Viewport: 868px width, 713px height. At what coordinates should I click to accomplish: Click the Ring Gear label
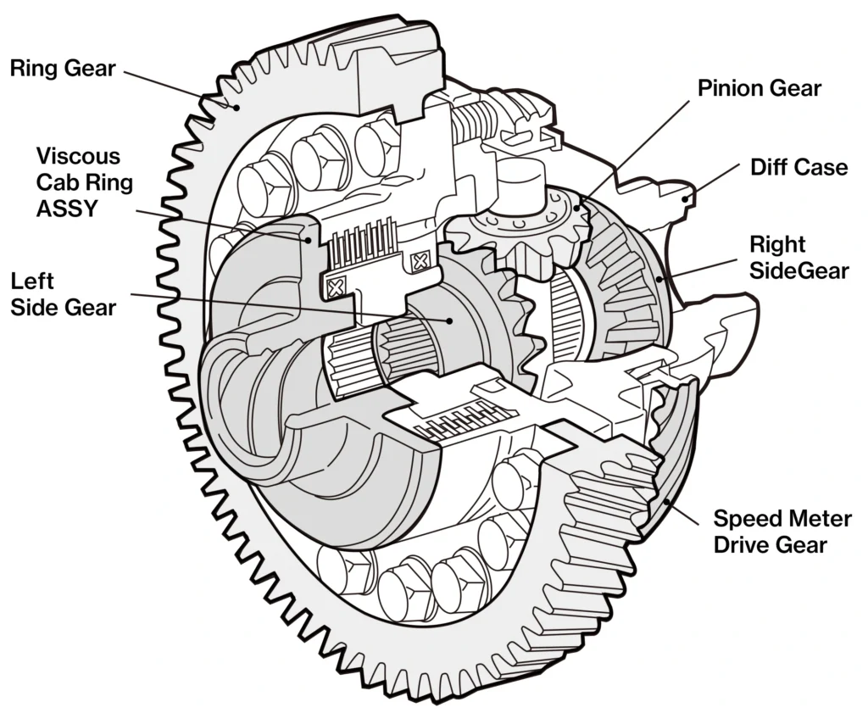[62, 69]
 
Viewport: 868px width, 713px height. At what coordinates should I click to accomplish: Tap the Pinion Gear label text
[759, 88]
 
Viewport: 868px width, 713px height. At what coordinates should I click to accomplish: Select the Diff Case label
[798, 167]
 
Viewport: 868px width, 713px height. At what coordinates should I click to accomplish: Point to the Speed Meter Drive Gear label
[782, 531]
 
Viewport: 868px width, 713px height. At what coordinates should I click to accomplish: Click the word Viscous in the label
[78, 157]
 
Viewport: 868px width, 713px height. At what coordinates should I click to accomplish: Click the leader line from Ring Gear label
[178, 88]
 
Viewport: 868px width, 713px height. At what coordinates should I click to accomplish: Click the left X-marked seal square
[337, 287]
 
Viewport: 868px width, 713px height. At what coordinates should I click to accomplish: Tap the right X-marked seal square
[418, 263]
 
